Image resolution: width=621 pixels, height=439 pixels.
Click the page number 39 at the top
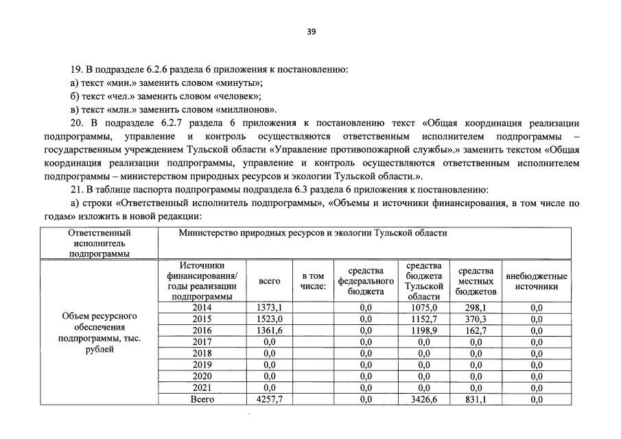pyautogui.click(x=311, y=32)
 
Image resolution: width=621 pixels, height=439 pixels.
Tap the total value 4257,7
pyautogui.click(x=269, y=398)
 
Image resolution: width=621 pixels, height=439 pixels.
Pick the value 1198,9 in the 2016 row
pyautogui.click(x=423, y=330)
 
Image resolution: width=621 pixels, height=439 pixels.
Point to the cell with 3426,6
pyautogui.click(x=423, y=398)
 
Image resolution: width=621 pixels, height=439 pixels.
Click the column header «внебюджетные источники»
pyautogui.click(x=536, y=281)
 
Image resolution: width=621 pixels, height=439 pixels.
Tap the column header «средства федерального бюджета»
pyautogui.click(x=365, y=281)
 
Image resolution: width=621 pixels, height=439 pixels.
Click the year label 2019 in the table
pyautogui.click(x=202, y=365)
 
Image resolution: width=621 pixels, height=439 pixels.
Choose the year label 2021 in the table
pyautogui.click(x=202, y=387)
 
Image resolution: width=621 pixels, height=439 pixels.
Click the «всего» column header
pyautogui.click(x=269, y=281)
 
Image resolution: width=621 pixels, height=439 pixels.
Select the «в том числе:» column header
pyautogui.click(x=312, y=281)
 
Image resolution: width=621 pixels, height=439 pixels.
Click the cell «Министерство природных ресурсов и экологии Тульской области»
pyautogui.click(x=313, y=233)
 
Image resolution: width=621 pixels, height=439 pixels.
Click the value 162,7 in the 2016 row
pyautogui.click(x=476, y=330)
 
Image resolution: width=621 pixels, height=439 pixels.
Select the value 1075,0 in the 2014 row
pyautogui.click(x=423, y=308)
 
